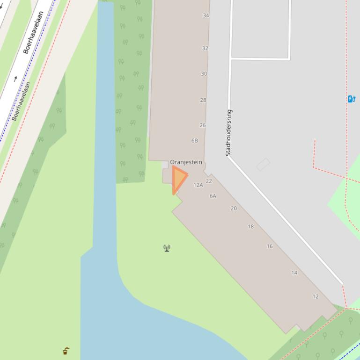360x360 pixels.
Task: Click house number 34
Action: coord(206,15)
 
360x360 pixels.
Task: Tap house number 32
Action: coord(205,48)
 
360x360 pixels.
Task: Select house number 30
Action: coord(204,74)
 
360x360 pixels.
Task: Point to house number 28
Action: coord(203,100)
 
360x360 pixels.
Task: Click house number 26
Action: coord(202,125)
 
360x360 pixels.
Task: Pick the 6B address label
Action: coord(194,141)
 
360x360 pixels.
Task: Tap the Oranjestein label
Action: coord(186,162)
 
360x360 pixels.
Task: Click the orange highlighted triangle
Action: coord(178,178)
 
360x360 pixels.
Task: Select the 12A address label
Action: coord(198,185)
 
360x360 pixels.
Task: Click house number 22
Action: coord(209,181)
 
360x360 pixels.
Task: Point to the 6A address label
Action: coord(213,196)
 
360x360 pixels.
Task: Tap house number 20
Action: coord(234,209)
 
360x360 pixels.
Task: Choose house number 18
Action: coord(250,227)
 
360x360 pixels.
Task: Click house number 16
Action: coord(270,246)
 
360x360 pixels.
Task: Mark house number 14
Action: coord(294,273)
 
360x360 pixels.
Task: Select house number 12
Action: coord(315,296)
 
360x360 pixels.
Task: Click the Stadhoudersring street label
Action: coord(228,132)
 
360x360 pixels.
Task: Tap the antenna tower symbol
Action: coord(167,248)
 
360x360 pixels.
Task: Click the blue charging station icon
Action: coord(351,99)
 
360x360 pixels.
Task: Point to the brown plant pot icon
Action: coord(66,351)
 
